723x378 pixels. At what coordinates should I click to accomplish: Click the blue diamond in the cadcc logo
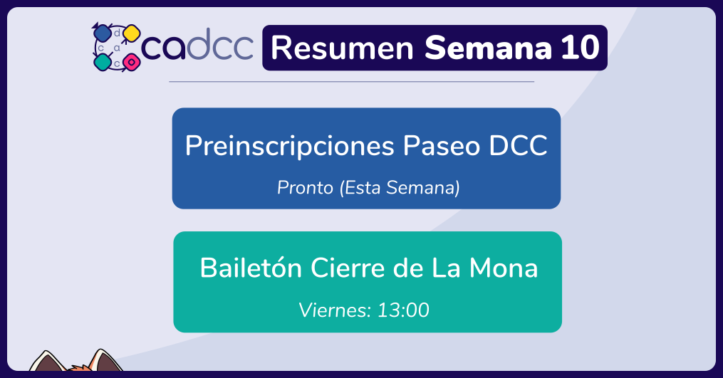click(101, 33)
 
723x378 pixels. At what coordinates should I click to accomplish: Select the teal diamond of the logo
click(103, 62)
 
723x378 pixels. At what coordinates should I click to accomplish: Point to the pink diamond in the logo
click(131, 62)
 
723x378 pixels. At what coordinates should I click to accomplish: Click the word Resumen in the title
click(342, 48)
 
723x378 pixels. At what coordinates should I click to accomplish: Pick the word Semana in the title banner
click(488, 48)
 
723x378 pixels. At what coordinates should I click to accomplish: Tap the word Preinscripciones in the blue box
click(290, 147)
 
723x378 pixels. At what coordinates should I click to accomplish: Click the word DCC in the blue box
click(518, 146)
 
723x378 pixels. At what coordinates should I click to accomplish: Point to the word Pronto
click(306, 188)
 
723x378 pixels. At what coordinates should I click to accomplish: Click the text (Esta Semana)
click(400, 188)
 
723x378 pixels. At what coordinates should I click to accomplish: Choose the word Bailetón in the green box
click(251, 268)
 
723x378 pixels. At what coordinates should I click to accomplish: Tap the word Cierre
click(348, 268)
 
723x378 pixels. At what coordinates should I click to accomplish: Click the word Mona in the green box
click(504, 268)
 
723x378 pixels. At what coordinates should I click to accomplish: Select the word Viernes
click(336, 310)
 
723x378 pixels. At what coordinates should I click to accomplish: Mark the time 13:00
click(403, 310)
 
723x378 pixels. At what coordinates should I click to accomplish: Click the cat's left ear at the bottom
click(46, 362)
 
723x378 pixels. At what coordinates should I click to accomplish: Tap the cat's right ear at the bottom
click(105, 360)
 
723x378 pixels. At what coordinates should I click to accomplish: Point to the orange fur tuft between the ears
click(78, 368)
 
